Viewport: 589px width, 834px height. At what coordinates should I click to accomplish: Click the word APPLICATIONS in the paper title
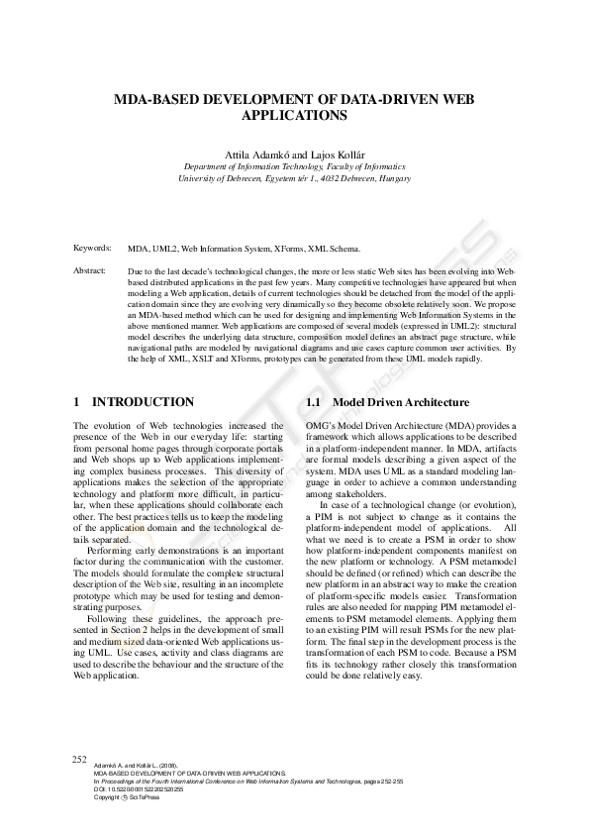coord(294,116)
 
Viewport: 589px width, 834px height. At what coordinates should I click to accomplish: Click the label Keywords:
coord(93,247)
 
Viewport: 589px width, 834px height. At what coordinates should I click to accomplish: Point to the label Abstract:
coord(92,269)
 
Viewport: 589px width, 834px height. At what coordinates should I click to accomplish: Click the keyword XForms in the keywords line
coord(285,248)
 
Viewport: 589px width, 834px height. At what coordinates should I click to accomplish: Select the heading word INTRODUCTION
coord(143,402)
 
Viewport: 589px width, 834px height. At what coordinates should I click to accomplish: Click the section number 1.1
coord(314,403)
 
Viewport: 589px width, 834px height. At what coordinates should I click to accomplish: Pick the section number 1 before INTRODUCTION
coord(77,402)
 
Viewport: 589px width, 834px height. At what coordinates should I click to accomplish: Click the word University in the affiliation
coord(201,179)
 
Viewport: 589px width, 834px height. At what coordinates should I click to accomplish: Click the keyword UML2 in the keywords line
coord(164,248)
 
